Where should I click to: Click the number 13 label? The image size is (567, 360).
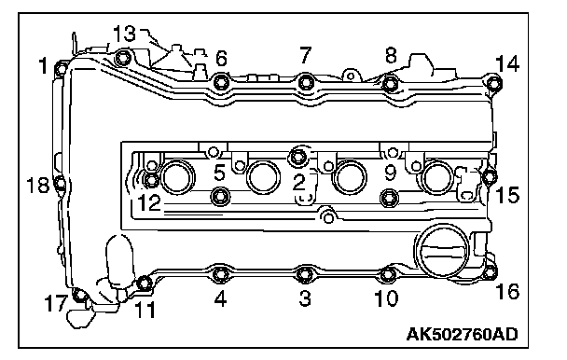pyautogui.click(x=124, y=34)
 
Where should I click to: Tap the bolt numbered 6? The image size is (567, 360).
pyautogui.click(x=221, y=82)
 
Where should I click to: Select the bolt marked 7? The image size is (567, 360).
pyautogui.click(x=306, y=82)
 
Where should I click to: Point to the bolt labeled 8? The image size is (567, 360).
pyautogui.click(x=390, y=83)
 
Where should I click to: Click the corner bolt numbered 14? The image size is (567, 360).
pyautogui.click(x=494, y=83)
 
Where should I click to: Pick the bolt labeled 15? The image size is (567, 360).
pyautogui.click(x=490, y=176)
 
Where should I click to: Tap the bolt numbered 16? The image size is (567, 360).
pyautogui.click(x=490, y=271)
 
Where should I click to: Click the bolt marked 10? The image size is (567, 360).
pyautogui.click(x=388, y=274)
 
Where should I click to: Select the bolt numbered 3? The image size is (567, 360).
pyautogui.click(x=304, y=274)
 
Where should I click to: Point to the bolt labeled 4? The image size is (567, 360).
pyautogui.click(x=219, y=274)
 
